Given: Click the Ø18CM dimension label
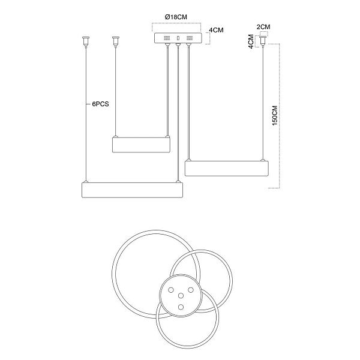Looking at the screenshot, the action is click(176, 17).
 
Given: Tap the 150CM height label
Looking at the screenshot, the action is click(275, 115).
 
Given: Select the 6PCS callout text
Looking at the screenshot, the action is click(100, 104).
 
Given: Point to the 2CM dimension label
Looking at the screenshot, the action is click(263, 27).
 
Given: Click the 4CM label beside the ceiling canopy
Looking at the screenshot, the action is click(216, 30).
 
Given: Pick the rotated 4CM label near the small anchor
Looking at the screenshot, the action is click(251, 41).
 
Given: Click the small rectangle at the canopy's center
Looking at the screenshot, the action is click(178, 38).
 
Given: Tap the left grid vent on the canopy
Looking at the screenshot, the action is click(167, 38).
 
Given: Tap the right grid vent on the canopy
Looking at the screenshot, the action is click(190, 38).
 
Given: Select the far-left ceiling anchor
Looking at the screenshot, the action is click(86, 41).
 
